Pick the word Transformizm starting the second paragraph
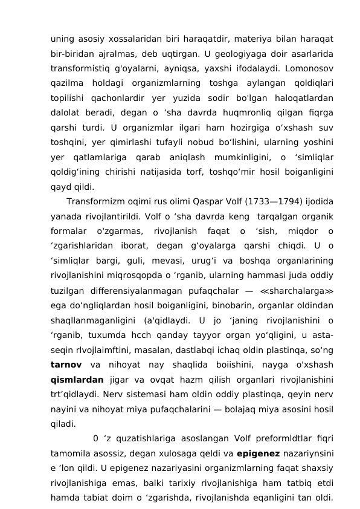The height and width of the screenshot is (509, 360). click(98, 201)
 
